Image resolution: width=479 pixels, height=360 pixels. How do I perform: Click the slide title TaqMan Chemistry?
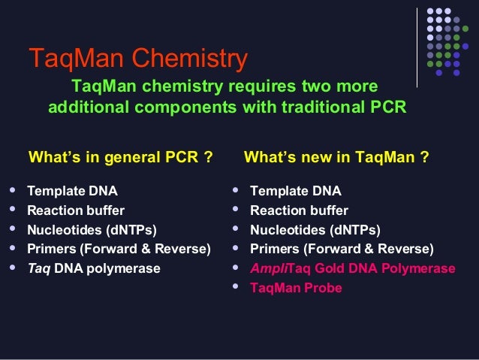click(137, 59)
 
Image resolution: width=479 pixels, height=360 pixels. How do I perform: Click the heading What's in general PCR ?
click(120, 158)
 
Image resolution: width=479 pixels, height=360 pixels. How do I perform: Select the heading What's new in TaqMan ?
click(337, 158)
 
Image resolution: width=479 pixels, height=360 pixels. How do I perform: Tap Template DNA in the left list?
click(72, 191)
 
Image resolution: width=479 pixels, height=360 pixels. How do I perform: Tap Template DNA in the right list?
click(295, 191)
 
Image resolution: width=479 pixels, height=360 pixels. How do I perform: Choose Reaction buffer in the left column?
click(76, 210)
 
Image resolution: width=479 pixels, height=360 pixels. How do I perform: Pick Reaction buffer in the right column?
click(299, 210)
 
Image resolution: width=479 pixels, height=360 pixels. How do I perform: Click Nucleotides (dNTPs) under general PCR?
click(92, 230)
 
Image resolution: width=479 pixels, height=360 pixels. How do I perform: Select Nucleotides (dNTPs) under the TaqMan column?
click(315, 230)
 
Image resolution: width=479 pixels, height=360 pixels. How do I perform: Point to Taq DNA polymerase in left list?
click(94, 268)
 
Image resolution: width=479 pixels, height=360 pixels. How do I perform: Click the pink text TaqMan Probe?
click(296, 288)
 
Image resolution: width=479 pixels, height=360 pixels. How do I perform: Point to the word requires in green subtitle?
click(248, 86)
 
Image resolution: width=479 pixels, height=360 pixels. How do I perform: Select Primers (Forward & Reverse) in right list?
click(342, 249)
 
